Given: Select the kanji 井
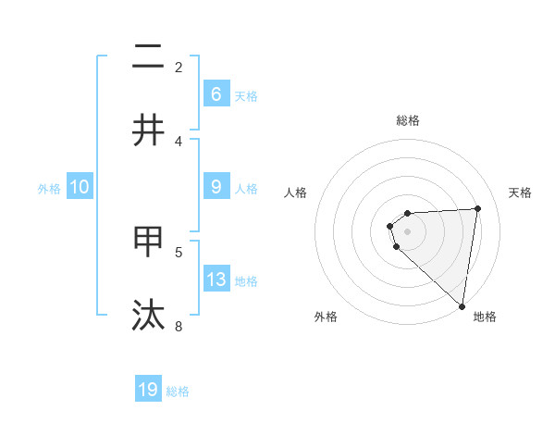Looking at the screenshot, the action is pyautogui.click(x=149, y=130).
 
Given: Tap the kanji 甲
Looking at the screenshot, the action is pyautogui.click(x=149, y=242).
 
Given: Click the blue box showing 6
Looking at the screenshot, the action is pyautogui.click(x=216, y=93).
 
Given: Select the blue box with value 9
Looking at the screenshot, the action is pyautogui.click(x=216, y=187).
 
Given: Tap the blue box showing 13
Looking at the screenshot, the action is pyautogui.click(x=216, y=280).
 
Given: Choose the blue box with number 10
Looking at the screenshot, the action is pyautogui.click(x=80, y=187).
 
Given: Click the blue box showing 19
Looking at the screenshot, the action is pyautogui.click(x=148, y=390).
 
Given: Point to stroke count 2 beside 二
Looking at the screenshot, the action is pyautogui.click(x=179, y=68).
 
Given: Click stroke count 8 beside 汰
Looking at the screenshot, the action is pyautogui.click(x=179, y=325).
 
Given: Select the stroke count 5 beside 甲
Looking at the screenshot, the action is pyautogui.click(x=179, y=252).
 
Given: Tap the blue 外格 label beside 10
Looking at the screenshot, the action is pyautogui.click(x=49, y=188).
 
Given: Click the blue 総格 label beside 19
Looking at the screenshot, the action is pyautogui.click(x=178, y=391).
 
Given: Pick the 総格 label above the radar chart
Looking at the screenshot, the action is pyautogui.click(x=408, y=120).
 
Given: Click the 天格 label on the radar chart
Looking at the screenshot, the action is pyautogui.click(x=520, y=193).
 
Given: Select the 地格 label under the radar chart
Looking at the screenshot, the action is pyautogui.click(x=485, y=317).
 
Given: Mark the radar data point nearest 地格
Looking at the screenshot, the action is pyautogui.click(x=462, y=305).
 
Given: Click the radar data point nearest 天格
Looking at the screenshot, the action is pyautogui.click(x=477, y=208).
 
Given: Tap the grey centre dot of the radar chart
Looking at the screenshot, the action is pyautogui.click(x=408, y=231).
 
